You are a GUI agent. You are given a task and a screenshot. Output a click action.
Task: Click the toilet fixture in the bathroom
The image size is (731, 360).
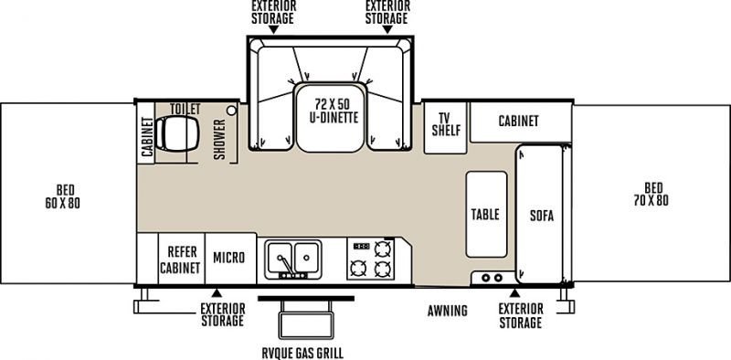coord(177,133)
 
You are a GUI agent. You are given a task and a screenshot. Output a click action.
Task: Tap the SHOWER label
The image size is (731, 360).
coord(219,139)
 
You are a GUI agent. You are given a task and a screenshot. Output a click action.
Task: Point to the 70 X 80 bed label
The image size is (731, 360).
coord(652,195)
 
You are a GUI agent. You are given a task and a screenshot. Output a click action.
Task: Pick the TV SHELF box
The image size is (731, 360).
coord(445,127)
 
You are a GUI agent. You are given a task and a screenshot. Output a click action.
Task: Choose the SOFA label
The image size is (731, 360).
coord(542,216)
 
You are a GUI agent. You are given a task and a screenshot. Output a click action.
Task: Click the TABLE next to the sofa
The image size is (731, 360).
coord(486,214)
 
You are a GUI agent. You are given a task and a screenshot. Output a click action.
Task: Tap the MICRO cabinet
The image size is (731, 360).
coord(230,259)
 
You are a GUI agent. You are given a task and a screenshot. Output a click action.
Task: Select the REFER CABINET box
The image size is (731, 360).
coord(181,259)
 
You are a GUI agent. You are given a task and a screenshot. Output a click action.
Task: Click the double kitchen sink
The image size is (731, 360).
coord(292,259)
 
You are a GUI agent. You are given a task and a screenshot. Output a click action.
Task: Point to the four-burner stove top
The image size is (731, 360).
coord(371,259)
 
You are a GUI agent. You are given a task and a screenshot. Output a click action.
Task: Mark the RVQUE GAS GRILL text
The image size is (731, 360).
coord(303,353)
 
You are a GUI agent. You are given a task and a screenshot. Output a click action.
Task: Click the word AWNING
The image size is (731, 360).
coord(448,311)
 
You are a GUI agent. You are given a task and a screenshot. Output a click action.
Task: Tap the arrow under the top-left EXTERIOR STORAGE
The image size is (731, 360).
coord(273,29)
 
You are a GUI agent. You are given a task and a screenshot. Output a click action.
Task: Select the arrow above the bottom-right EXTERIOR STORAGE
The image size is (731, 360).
coord(514,293)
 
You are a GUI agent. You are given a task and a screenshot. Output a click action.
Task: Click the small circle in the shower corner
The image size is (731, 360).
coord(231,111)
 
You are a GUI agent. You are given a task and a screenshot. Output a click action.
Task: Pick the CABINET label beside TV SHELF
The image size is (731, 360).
coord(518,122)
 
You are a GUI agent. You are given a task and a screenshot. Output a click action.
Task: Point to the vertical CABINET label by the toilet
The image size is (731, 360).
coord(147,138)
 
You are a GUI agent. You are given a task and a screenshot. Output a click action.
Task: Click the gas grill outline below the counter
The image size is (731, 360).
coord(306,319)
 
